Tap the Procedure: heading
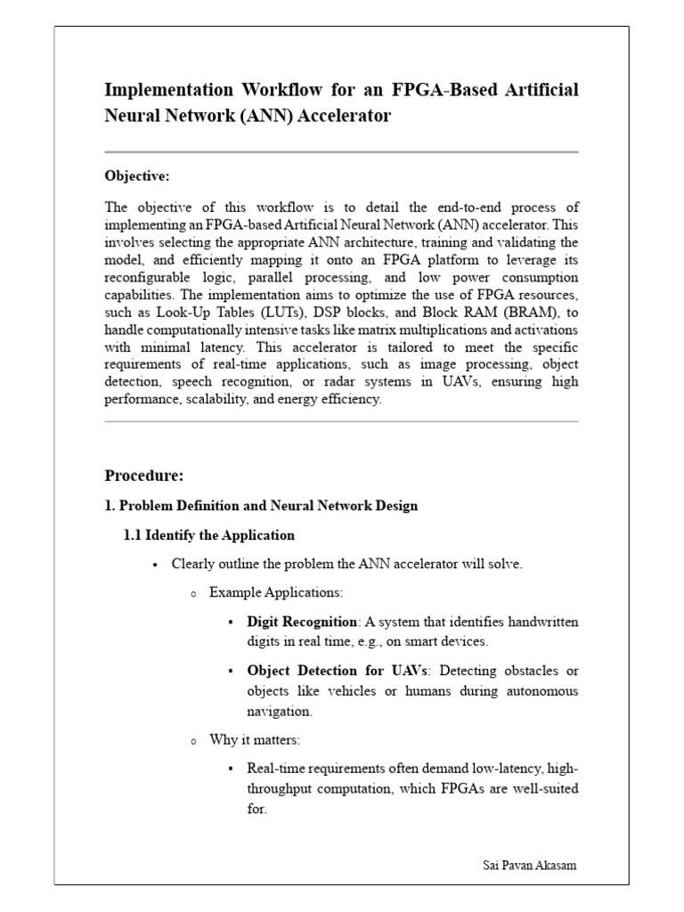point(143,475)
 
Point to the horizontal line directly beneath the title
point(341,152)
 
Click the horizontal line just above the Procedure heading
point(341,422)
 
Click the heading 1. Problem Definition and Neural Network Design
point(261,506)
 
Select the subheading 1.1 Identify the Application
point(208,535)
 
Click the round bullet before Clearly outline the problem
point(155,565)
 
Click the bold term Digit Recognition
point(302,622)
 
